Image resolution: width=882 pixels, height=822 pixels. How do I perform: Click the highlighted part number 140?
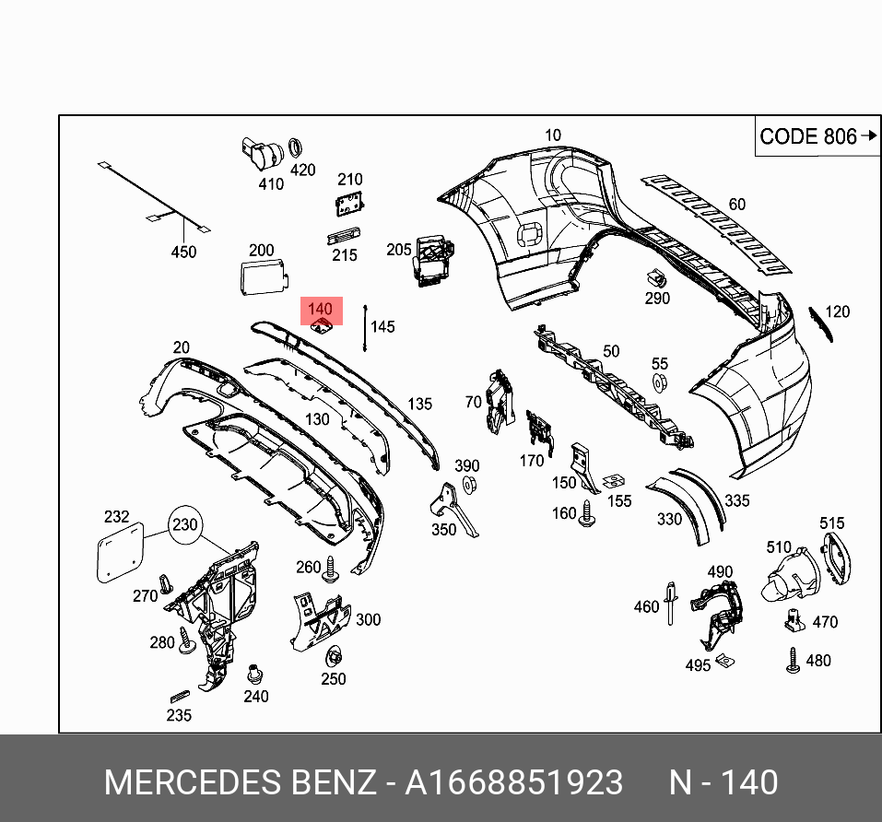(x=320, y=310)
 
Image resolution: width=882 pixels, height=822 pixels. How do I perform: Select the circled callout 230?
(x=184, y=525)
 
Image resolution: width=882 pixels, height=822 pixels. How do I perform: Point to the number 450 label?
(x=184, y=252)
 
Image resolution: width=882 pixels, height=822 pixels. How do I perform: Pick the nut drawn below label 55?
(x=660, y=382)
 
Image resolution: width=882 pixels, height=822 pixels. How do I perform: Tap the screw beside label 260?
(x=331, y=569)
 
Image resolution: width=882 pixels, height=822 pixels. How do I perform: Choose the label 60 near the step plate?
(x=736, y=205)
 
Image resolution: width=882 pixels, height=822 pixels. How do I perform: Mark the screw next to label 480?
(x=792, y=661)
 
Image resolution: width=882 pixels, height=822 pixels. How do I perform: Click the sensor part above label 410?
(x=260, y=152)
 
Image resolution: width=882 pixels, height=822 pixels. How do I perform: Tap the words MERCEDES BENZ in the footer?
(x=241, y=782)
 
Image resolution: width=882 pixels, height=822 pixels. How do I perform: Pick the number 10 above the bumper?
(x=552, y=135)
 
